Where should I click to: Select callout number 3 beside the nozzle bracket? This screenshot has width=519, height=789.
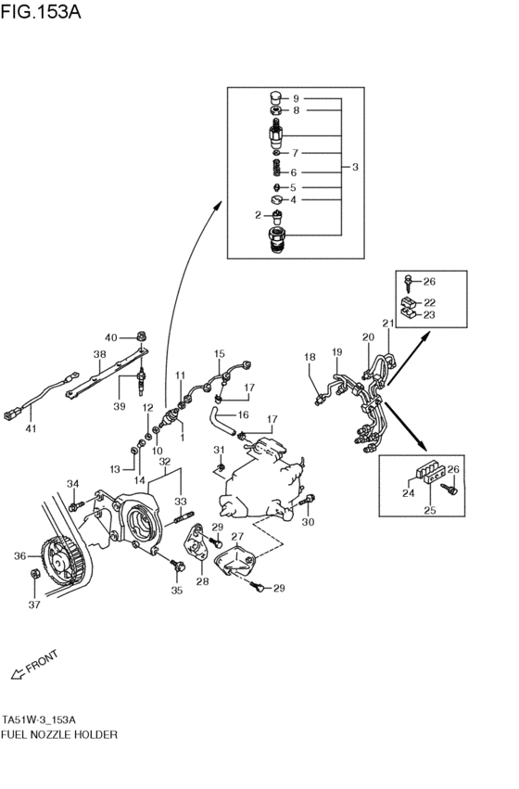point(357,167)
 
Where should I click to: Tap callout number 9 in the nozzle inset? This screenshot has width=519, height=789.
point(296,98)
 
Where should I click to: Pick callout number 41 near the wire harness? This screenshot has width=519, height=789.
point(30,430)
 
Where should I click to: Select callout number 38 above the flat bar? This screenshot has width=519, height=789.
point(99,354)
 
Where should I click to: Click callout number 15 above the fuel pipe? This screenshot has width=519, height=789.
point(220,354)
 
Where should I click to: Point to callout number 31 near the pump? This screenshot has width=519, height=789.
point(220,450)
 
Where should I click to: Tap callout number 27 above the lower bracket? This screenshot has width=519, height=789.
point(237,536)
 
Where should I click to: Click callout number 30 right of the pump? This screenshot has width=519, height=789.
point(310,521)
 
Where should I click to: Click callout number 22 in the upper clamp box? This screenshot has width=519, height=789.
point(430,301)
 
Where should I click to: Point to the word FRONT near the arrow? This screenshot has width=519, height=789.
point(41,664)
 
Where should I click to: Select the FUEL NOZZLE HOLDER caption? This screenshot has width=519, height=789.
point(59,733)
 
